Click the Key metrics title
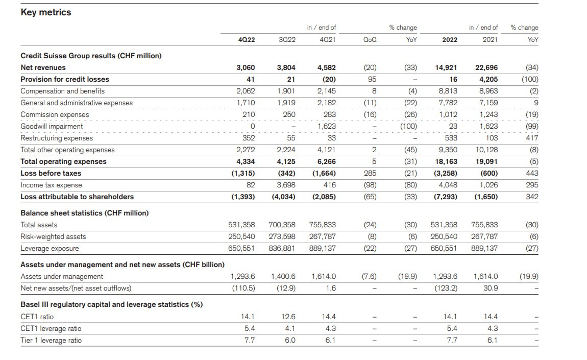pos(45,12)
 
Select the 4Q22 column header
pos(247,40)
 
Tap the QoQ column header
pos(370,40)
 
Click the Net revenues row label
pos(43,68)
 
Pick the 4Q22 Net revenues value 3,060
pos(246,68)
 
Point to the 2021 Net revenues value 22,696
pos(486,68)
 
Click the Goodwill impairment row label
pos(52,126)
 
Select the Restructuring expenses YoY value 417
pos(532,138)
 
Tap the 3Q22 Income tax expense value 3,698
pos(286,185)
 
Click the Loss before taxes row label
pos(51,174)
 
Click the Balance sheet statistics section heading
pos(85,213)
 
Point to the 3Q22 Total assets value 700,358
pos(282,225)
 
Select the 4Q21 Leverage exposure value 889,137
pos(322,248)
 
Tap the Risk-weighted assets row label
pos(53,237)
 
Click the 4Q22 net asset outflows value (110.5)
pos(243,288)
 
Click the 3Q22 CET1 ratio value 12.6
pos(288,317)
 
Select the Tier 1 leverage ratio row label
pos(51,340)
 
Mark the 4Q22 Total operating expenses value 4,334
pos(246,162)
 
